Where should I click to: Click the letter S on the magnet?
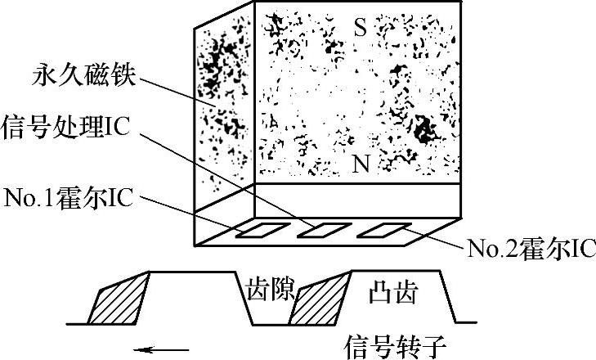[361, 29]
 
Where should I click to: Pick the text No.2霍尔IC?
[528, 246]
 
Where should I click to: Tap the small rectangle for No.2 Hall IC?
[379, 231]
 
